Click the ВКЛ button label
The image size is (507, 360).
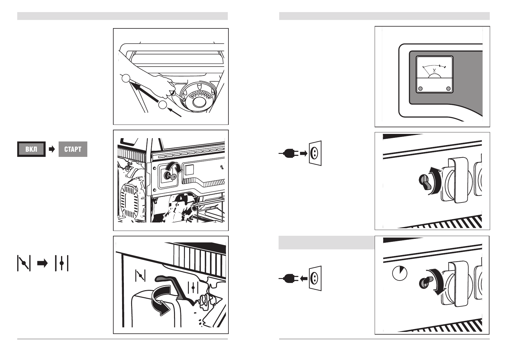coord(31,149)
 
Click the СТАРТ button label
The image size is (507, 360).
coord(73,149)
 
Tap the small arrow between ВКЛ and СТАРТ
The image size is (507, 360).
coord(52,149)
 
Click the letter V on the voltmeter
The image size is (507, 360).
coord(434,70)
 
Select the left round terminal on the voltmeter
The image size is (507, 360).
coord(420,89)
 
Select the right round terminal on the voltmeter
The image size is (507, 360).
coord(448,89)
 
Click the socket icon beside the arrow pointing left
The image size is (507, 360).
coord(315,278)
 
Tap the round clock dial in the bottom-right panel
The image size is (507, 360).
coord(399,273)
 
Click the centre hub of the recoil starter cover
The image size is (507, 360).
coord(199,102)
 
